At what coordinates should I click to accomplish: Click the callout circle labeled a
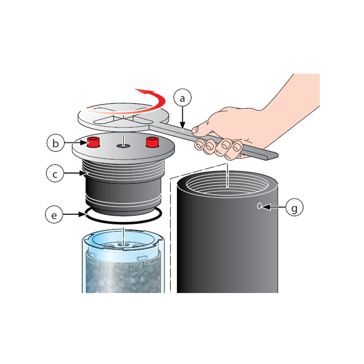tap(182, 98)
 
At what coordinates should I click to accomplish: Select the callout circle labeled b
tap(56, 143)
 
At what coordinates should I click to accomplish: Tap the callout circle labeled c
tap(55, 173)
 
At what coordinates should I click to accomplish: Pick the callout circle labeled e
tap(54, 214)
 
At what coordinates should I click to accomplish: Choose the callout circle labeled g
tap(294, 207)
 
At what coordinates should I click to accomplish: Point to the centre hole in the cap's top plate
tap(123, 146)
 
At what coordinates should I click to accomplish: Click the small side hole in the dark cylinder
tap(259, 206)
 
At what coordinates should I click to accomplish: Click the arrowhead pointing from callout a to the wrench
tap(182, 126)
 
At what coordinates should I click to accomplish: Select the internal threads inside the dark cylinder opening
tap(227, 186)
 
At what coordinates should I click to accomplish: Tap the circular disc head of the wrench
tap(123, 116)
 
